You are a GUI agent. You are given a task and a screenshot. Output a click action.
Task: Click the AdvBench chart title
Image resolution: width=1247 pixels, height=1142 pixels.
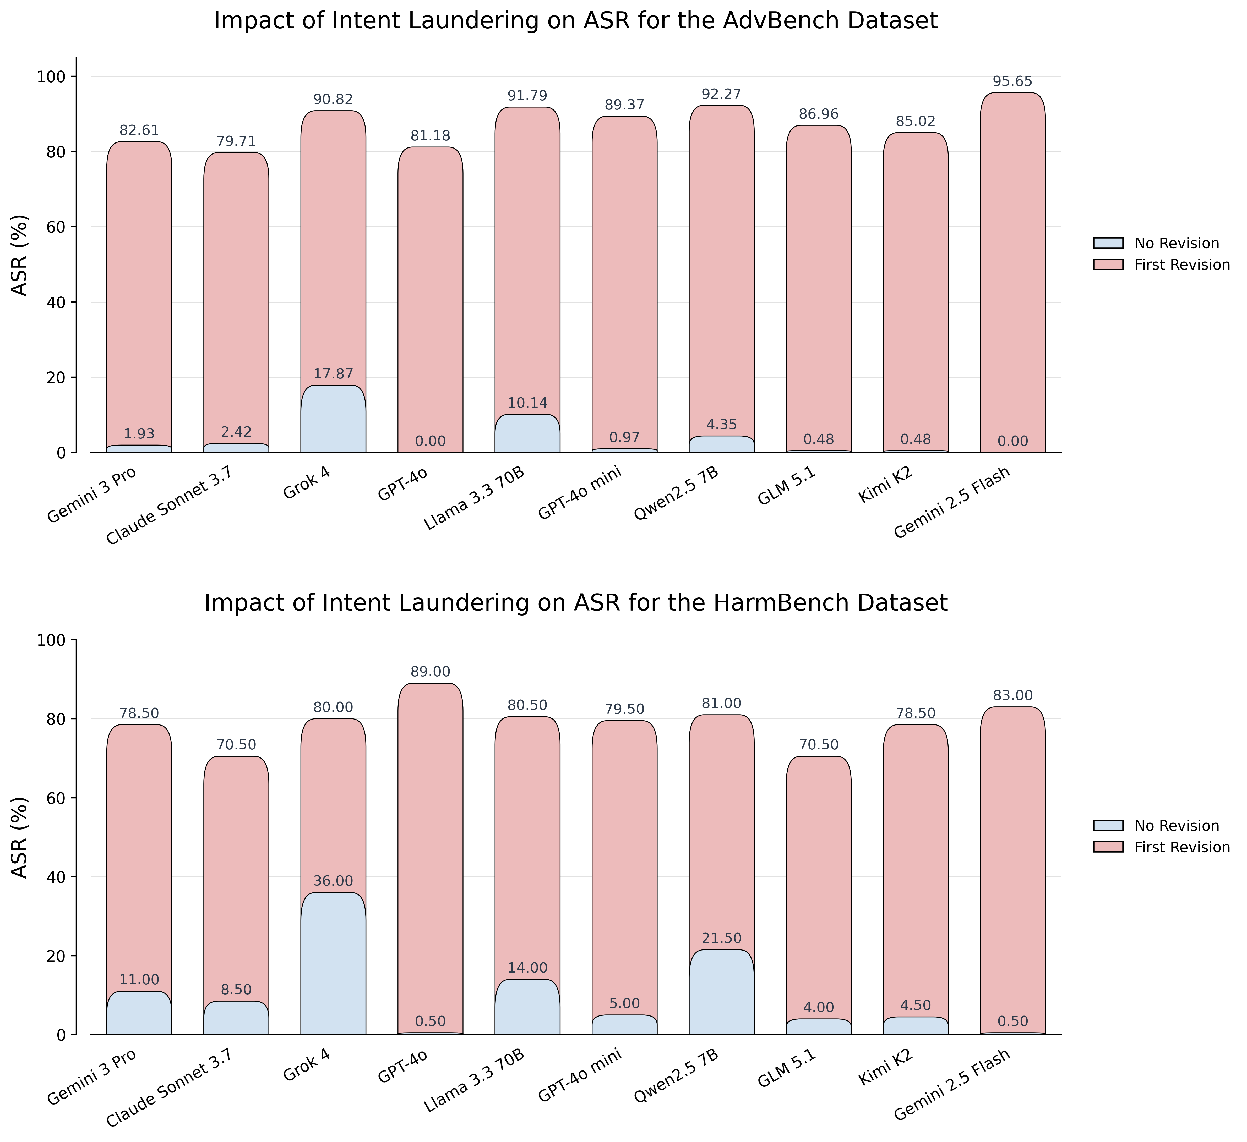[x=576, y=21]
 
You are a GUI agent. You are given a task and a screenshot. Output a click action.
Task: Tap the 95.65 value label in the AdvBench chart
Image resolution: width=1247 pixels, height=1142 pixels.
[x=1012, y=82]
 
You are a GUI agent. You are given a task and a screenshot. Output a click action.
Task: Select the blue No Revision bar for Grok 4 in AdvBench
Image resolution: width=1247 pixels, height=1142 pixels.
[x=333, y=419]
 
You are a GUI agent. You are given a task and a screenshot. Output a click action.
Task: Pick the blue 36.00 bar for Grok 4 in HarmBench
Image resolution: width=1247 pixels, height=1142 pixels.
[x=333, y=963]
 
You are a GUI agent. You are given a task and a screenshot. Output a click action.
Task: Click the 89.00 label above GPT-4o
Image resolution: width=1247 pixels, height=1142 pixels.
[x=431, y=672]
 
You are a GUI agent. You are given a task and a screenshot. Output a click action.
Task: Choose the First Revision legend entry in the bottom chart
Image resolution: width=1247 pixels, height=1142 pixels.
[x=1162, y=847]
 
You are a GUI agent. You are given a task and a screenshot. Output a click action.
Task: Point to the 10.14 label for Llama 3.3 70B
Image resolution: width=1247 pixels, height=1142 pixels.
[x=528, y=403]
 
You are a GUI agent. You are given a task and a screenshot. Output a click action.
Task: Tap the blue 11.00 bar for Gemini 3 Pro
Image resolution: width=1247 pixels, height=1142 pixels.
[x=139, y=1013]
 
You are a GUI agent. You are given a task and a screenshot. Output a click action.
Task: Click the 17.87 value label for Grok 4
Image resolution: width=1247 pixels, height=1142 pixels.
[x=333, y=374]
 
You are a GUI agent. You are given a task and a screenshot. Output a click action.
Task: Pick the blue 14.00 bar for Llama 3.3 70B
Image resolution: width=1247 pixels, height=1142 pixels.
[x=528, y=1007]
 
